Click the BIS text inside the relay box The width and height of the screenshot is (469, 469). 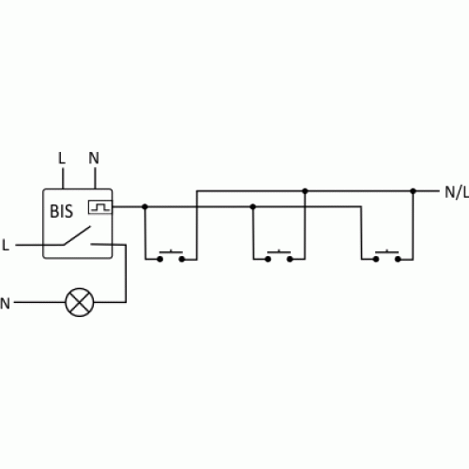tap(61, 211)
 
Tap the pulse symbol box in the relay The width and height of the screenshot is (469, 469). tap(100, 207)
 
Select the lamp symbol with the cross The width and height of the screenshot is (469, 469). tap(80, 302)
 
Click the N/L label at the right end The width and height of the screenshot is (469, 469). tap(457, 192)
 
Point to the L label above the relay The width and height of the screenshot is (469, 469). tap(62, 159)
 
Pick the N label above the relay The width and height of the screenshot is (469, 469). tap(94, 159)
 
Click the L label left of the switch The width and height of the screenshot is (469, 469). tap(6, 245)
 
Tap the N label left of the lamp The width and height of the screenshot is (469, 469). tap(5, 303)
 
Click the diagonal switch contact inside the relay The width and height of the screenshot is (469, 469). tap(77, 235)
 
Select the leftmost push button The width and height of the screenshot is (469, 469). tap(171, 255)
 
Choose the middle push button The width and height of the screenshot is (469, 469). tap(279, 255)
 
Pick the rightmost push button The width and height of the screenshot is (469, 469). tap(386, 255)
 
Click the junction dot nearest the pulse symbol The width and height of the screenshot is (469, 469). tap(144, 206)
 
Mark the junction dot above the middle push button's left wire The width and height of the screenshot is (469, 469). tap(253, 206)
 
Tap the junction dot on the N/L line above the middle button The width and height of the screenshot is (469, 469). tap(305, 190)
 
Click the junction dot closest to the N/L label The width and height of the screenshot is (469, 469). tap(413, 190)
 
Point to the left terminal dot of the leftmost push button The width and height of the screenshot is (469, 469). tap(160, 259)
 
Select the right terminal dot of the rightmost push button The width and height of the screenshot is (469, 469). tap(398, 259)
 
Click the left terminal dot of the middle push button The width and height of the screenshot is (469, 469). tap(268, 259)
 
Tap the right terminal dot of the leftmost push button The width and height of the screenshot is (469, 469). tap(182, 259)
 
